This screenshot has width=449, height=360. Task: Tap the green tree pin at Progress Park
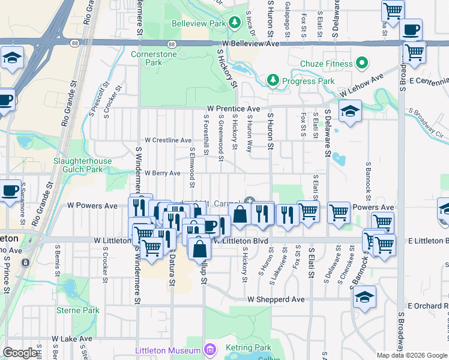pyautogui.click(x=273, y=80)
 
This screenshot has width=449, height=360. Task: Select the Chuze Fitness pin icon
pyautogui.click(x=362, y=62)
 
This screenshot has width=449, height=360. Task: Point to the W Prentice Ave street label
pyautogui.click(x=234, y=109)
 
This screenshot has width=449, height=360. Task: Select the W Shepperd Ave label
pyautogui.click(x=276, y=299)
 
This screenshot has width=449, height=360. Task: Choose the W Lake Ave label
pyautogui.click(x=72, y=338)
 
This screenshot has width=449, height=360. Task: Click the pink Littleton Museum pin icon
pyautogui.click(x=209, y=349)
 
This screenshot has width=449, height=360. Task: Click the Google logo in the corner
pyautogui.click(x=20, y=353)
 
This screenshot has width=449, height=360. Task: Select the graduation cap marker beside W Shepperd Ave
pyautogui.click(x=364, y=297)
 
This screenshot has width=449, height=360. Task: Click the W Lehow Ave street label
pyautogui.click(x=361, y=87)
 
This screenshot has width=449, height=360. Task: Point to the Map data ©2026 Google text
pyautogui.click(x=412, y=355)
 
